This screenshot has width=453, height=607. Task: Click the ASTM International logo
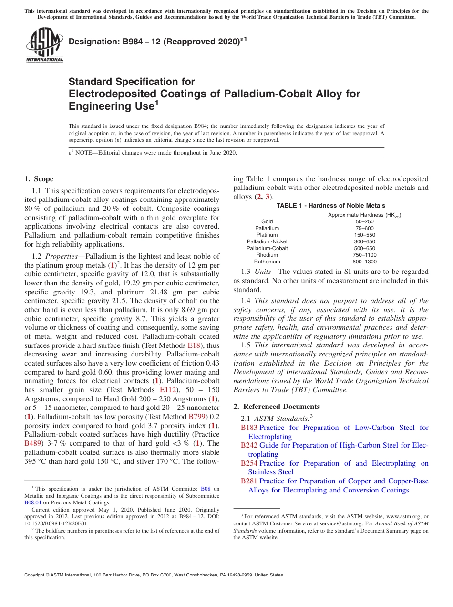(x=44, y=45)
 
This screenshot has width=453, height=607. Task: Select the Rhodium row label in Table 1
(x=267, y=255)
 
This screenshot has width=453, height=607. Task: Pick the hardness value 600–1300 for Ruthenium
(x=364, y=262)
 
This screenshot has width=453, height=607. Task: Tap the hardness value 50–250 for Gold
(x=365, y=221)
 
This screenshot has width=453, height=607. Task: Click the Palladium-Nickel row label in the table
(x=267, y=241)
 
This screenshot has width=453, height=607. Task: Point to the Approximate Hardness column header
(x=364, y=215)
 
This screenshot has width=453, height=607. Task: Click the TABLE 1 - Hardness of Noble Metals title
(x=331, y=206)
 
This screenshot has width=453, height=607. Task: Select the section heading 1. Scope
(x=39, y=179)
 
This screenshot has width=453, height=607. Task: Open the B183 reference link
(x=249, y=428)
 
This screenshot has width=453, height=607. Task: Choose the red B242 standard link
(x=249, y=445)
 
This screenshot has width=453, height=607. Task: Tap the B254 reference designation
(x=249, y=463)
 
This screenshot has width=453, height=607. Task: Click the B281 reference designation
(x=249, y=481)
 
